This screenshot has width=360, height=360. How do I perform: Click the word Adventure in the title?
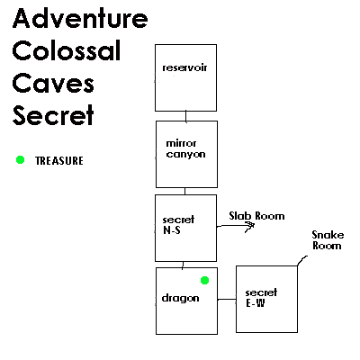(80, 18)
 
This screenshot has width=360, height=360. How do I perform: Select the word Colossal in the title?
(67, 50)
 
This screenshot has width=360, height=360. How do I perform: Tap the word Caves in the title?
(53, 83)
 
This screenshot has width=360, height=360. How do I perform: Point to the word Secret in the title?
(53, 115)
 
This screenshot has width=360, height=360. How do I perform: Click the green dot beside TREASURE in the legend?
(20, 160)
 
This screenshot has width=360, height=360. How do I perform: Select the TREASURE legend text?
(59, 161)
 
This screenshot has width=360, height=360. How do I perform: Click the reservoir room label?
(184, 67)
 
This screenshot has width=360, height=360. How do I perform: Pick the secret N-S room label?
(178, 225)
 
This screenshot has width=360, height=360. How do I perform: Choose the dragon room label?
(180, 298)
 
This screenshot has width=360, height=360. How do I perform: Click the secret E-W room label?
(261, 298)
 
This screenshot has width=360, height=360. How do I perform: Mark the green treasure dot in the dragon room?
(204, 281)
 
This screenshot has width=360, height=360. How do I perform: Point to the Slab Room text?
(256, 216)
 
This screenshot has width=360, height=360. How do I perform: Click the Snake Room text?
(328, 240)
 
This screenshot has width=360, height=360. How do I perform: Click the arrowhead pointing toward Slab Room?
(251, 227)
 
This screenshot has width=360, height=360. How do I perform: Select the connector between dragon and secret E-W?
(227, 300)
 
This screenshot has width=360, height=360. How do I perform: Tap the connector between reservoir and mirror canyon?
(186, 116)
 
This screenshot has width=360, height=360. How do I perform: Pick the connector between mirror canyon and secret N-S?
(184, 191)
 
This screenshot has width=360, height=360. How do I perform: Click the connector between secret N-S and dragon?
(183, 265)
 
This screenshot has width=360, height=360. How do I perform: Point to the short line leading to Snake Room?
(302, 260)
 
